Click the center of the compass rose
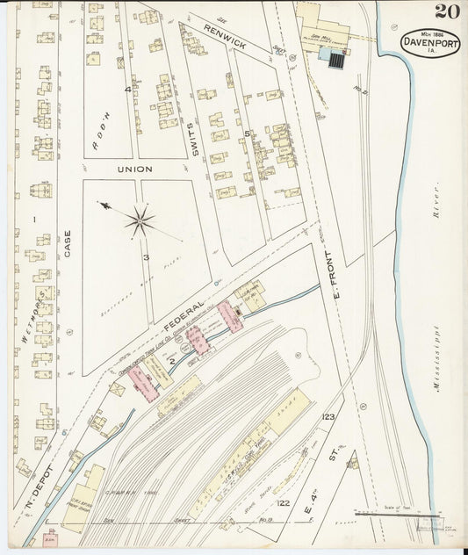click(139, 220)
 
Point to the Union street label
click(135, 169)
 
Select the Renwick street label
click(224, 36)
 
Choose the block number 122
click(283, 502)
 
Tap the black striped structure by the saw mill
click(335, 58)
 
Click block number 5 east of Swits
click(248, 133)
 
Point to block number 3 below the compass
click(148, 257)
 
